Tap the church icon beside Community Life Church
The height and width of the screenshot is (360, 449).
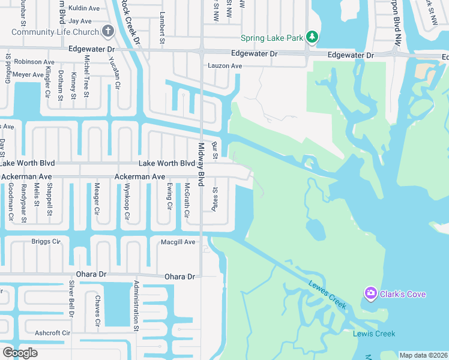click(108, 31)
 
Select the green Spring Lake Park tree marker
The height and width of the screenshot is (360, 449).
click(312, 37)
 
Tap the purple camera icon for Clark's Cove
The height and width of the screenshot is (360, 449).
click(370, 293)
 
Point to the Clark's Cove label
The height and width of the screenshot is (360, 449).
click(403, 294)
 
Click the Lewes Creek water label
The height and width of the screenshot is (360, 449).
click(328, 295)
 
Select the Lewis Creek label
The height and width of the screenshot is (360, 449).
click(374, 334)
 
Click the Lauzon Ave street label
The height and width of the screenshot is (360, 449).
click(224, 65)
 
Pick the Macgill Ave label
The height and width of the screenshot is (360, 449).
click(178, 242)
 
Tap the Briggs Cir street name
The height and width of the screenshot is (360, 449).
click(46, 242)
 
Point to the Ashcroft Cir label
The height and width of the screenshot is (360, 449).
click(53, 332)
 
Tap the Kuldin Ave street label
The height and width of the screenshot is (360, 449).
click(84, 8)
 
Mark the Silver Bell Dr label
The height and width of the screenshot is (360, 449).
click(71, 298)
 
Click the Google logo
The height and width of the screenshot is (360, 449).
click(20, 352)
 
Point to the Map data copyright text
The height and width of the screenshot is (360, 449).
click(423, 355)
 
